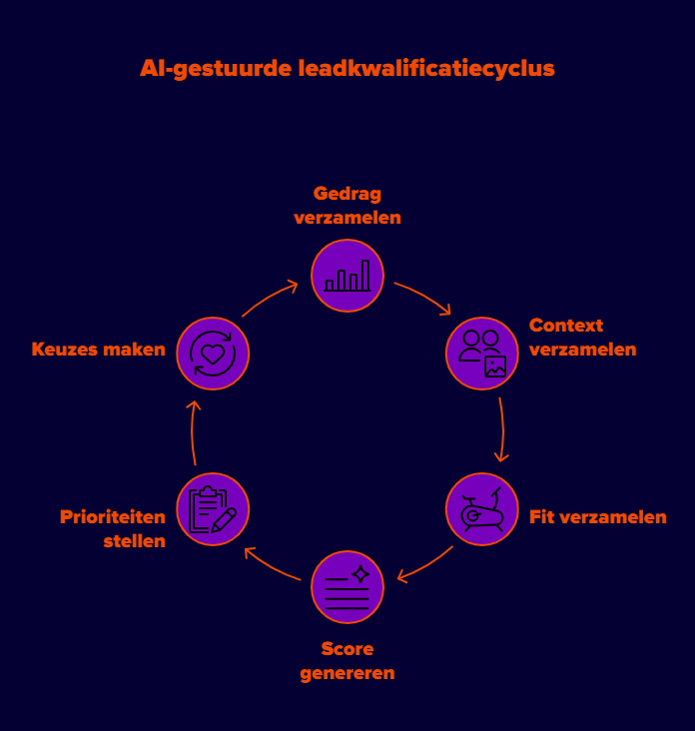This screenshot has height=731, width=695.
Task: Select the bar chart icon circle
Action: (347, 276)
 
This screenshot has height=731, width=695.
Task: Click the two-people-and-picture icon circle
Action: (482, 354)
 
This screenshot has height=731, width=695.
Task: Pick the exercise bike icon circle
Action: (482, 509)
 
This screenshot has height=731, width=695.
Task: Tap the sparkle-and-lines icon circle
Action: (347, 587)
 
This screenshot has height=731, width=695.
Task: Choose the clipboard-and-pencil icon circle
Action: (213, 509)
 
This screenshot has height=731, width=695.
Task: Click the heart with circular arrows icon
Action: (213, 354)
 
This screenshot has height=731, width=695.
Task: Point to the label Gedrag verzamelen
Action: (347, 205)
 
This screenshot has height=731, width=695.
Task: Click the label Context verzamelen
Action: (582, 338)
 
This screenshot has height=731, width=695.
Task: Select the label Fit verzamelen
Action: (598, 517)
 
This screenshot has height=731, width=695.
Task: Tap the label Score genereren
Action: (347, 661)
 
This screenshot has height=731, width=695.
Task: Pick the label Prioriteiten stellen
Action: (113, 529)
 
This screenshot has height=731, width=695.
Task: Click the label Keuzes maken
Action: (98, 350)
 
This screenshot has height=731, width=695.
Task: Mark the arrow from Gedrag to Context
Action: (424, 297)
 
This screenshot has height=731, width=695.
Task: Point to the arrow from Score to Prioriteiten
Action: (271, 565)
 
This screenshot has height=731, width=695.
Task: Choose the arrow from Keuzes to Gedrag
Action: (270, 298)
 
